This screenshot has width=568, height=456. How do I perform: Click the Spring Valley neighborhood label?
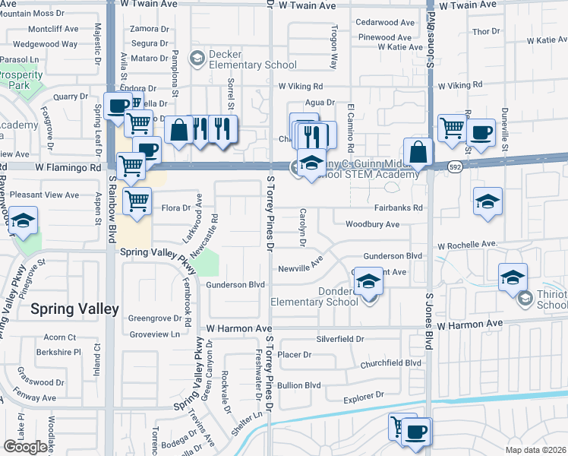tap(74, 309)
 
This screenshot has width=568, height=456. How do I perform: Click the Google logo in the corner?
tap(25, 446)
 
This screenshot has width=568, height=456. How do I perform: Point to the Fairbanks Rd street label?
tap(398, 207)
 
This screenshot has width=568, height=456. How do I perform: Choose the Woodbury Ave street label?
tap(372, 224)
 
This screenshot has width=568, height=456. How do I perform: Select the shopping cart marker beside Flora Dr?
tap(137, 201)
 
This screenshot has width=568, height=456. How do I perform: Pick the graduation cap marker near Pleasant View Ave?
tap(24, 221)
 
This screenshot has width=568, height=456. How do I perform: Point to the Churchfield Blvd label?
tap(391, 363)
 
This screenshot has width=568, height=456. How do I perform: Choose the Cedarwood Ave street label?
tap(384, 23)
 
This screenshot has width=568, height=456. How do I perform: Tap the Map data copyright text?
tap(536, 450)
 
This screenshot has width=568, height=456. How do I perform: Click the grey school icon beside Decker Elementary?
tap(197, 58)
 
